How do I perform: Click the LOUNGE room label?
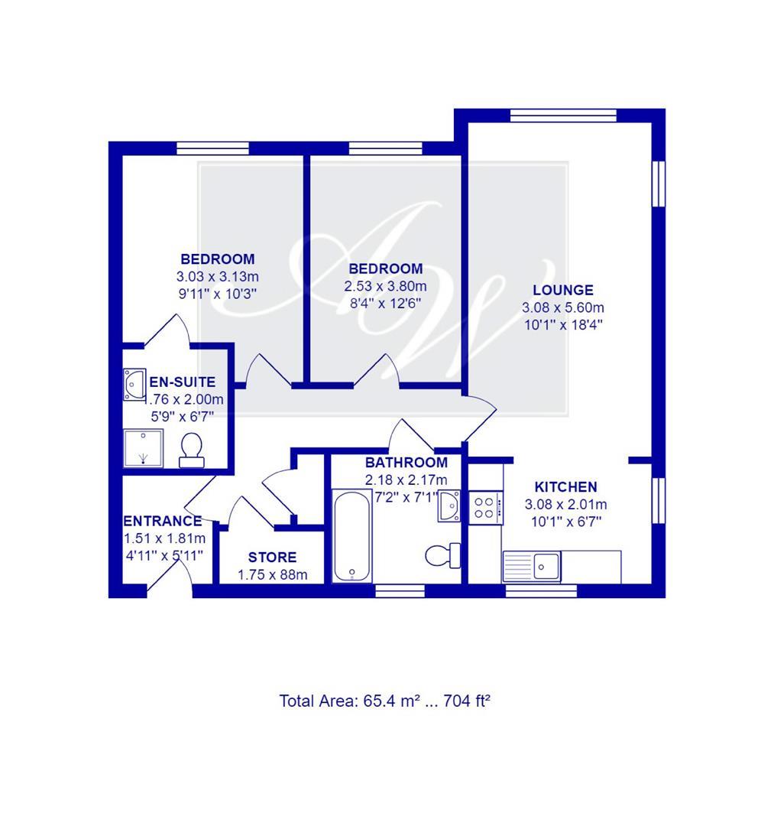[x=563, y=290]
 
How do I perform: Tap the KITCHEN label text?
[x=565, y=486]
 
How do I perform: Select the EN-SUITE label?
[x=182, y=382]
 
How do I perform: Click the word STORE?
[x=272, y=558]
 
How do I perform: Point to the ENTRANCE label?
[x=163, y=521]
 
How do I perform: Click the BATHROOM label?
[x=406, y=463]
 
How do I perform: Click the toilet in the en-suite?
[x=189, y=450]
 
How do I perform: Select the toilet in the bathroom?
[x=442, y=554]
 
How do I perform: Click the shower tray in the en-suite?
[x=144, y=447]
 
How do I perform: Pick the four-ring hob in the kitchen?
[x=485, y=506]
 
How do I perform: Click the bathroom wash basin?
[x=449, y=506]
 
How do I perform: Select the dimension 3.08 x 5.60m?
[x=563, y=307]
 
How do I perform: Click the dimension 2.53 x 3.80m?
[x=386, y=286]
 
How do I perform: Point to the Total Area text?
[x=384, y=700]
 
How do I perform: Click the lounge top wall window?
[x=563, y=115]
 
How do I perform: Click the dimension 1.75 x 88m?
[x=272, y=574]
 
